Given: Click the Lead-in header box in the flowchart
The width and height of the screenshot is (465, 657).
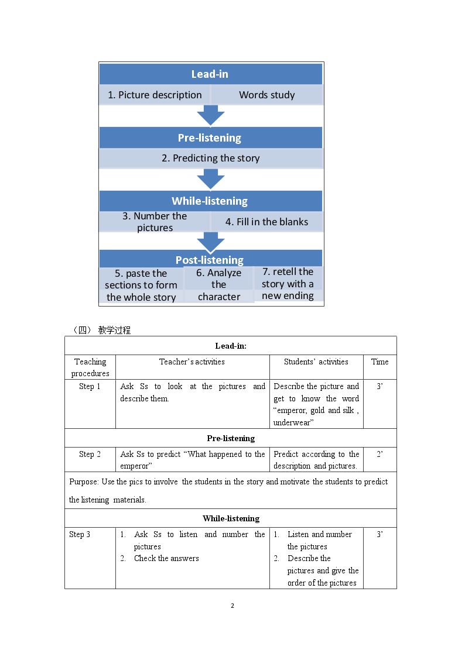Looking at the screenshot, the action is (x=210, y=74).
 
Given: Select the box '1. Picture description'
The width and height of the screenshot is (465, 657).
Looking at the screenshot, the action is (x=155, y=95).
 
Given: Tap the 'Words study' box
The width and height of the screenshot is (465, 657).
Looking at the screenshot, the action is (x=267, y=95).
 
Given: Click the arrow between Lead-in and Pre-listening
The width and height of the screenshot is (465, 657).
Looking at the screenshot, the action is (x=210, y=115).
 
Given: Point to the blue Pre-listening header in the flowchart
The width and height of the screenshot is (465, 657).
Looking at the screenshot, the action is (x=210, y=137).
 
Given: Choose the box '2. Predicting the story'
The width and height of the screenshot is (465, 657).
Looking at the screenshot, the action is (x=211, y=158).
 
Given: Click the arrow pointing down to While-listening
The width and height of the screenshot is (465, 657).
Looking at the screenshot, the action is (x=210, y=179).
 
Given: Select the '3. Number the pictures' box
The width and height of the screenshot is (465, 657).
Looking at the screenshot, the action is (x=155, y=222).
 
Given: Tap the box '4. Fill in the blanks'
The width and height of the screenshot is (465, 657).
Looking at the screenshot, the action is (x=267, y=222).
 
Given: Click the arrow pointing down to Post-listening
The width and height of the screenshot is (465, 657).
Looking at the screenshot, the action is (x=210, y=242).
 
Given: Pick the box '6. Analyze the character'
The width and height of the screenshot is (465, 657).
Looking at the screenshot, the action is (x=219, y=284).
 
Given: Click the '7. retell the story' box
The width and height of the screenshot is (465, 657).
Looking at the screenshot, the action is (x=288, y=284).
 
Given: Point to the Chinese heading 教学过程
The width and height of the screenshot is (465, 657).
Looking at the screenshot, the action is (x=114, y=330).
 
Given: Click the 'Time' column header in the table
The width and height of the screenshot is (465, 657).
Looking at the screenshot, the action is (x=380, y=362).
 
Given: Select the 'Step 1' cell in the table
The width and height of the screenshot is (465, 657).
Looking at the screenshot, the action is (x=90, y=386).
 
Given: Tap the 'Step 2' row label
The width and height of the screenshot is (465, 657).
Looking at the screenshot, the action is (x=90, y=454).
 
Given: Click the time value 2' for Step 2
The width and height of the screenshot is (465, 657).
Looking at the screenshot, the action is (x=379, y=454).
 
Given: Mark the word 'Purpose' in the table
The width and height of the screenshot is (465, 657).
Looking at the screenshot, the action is (x=84, y=482).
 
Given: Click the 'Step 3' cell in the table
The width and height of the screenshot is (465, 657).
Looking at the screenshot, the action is (x=80, y=534).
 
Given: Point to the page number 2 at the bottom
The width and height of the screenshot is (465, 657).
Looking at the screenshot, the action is (x=232, y=606).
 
